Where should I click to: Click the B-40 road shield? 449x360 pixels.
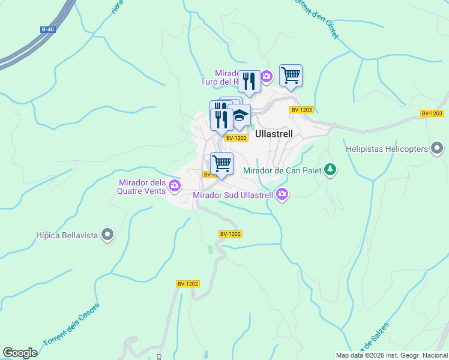(47, 29)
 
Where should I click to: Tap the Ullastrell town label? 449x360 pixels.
(274, 134)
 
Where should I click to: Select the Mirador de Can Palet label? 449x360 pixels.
(282, 170)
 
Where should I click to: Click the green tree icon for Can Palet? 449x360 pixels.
(330, 170)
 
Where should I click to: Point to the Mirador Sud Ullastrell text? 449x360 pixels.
(233, 195)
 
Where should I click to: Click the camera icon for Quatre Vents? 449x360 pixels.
(175, 185)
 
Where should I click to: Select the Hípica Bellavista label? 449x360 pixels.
(67, 235)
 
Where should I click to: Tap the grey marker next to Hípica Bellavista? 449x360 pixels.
(107, 234)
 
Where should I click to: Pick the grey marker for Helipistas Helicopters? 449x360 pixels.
(438, 148)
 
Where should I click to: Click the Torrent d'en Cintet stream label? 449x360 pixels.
(315, 18)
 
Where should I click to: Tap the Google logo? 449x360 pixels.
(20, 353)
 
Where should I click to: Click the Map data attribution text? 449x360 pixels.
(391, 355)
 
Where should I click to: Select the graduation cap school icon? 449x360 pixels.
(240, 115)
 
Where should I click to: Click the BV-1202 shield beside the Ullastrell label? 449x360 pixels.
(237, 138)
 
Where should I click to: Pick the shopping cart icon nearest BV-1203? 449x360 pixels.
(291, 76)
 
